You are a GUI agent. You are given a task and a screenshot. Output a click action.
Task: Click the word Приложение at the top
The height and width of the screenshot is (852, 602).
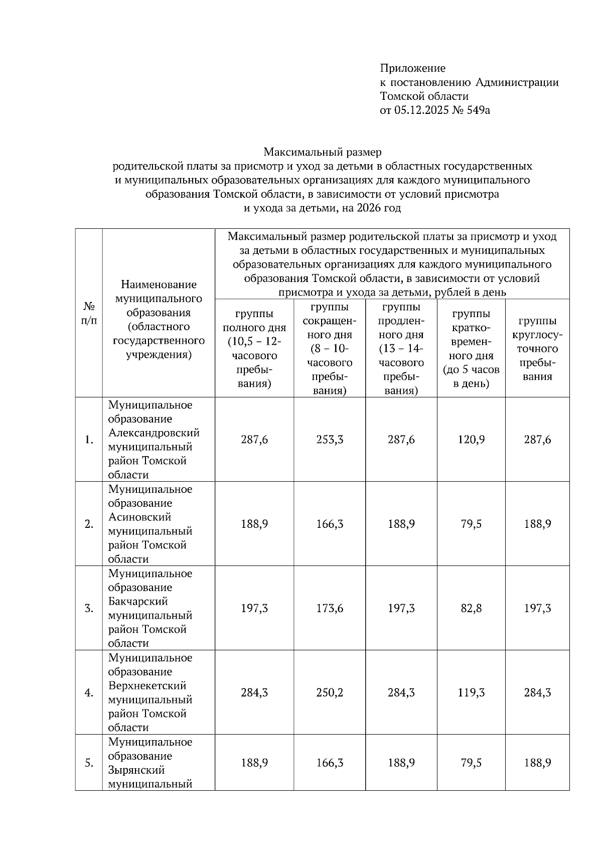412,68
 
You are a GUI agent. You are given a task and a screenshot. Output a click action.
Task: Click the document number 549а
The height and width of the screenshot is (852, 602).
478,110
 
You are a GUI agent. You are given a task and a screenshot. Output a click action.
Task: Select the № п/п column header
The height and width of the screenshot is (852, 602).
89,313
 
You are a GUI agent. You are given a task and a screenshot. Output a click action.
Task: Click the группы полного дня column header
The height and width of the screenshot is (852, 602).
254,349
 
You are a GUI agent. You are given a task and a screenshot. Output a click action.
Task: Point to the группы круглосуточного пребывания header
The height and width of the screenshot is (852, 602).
537,349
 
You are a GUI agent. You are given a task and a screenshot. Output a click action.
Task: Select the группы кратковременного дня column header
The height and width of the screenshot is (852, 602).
471,349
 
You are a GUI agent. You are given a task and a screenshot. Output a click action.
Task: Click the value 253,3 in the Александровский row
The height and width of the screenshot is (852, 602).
330,440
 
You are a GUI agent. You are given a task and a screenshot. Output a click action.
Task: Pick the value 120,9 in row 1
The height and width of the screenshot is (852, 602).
471,440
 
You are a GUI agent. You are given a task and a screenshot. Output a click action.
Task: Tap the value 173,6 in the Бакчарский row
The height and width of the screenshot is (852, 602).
330,608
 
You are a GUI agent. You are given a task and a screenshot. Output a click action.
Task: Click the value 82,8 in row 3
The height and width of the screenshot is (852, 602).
471,608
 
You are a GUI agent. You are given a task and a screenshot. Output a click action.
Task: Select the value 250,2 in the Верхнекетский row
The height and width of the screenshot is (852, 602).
330,692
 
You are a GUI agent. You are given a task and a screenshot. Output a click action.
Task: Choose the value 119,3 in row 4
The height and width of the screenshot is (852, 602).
471,692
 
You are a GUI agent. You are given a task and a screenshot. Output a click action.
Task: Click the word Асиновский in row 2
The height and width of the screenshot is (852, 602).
139,517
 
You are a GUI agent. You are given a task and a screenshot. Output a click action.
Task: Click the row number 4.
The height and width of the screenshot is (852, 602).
89,693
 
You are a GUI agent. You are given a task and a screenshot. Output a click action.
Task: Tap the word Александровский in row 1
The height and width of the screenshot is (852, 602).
154,433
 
